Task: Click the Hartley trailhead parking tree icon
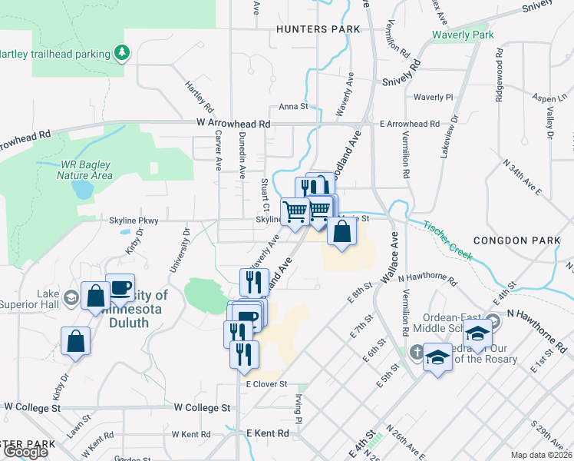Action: point(121,53)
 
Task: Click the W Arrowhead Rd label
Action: point(233,123)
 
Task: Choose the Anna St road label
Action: point(293,107)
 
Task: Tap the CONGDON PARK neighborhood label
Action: point(511,240)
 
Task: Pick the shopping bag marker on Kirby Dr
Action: point(75,341)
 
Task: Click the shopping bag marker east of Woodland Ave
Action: point(341,230)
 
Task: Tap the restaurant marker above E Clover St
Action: point(244,354)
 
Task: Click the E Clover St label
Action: point(266,384)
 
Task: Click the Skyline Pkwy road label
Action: point(135,221)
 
